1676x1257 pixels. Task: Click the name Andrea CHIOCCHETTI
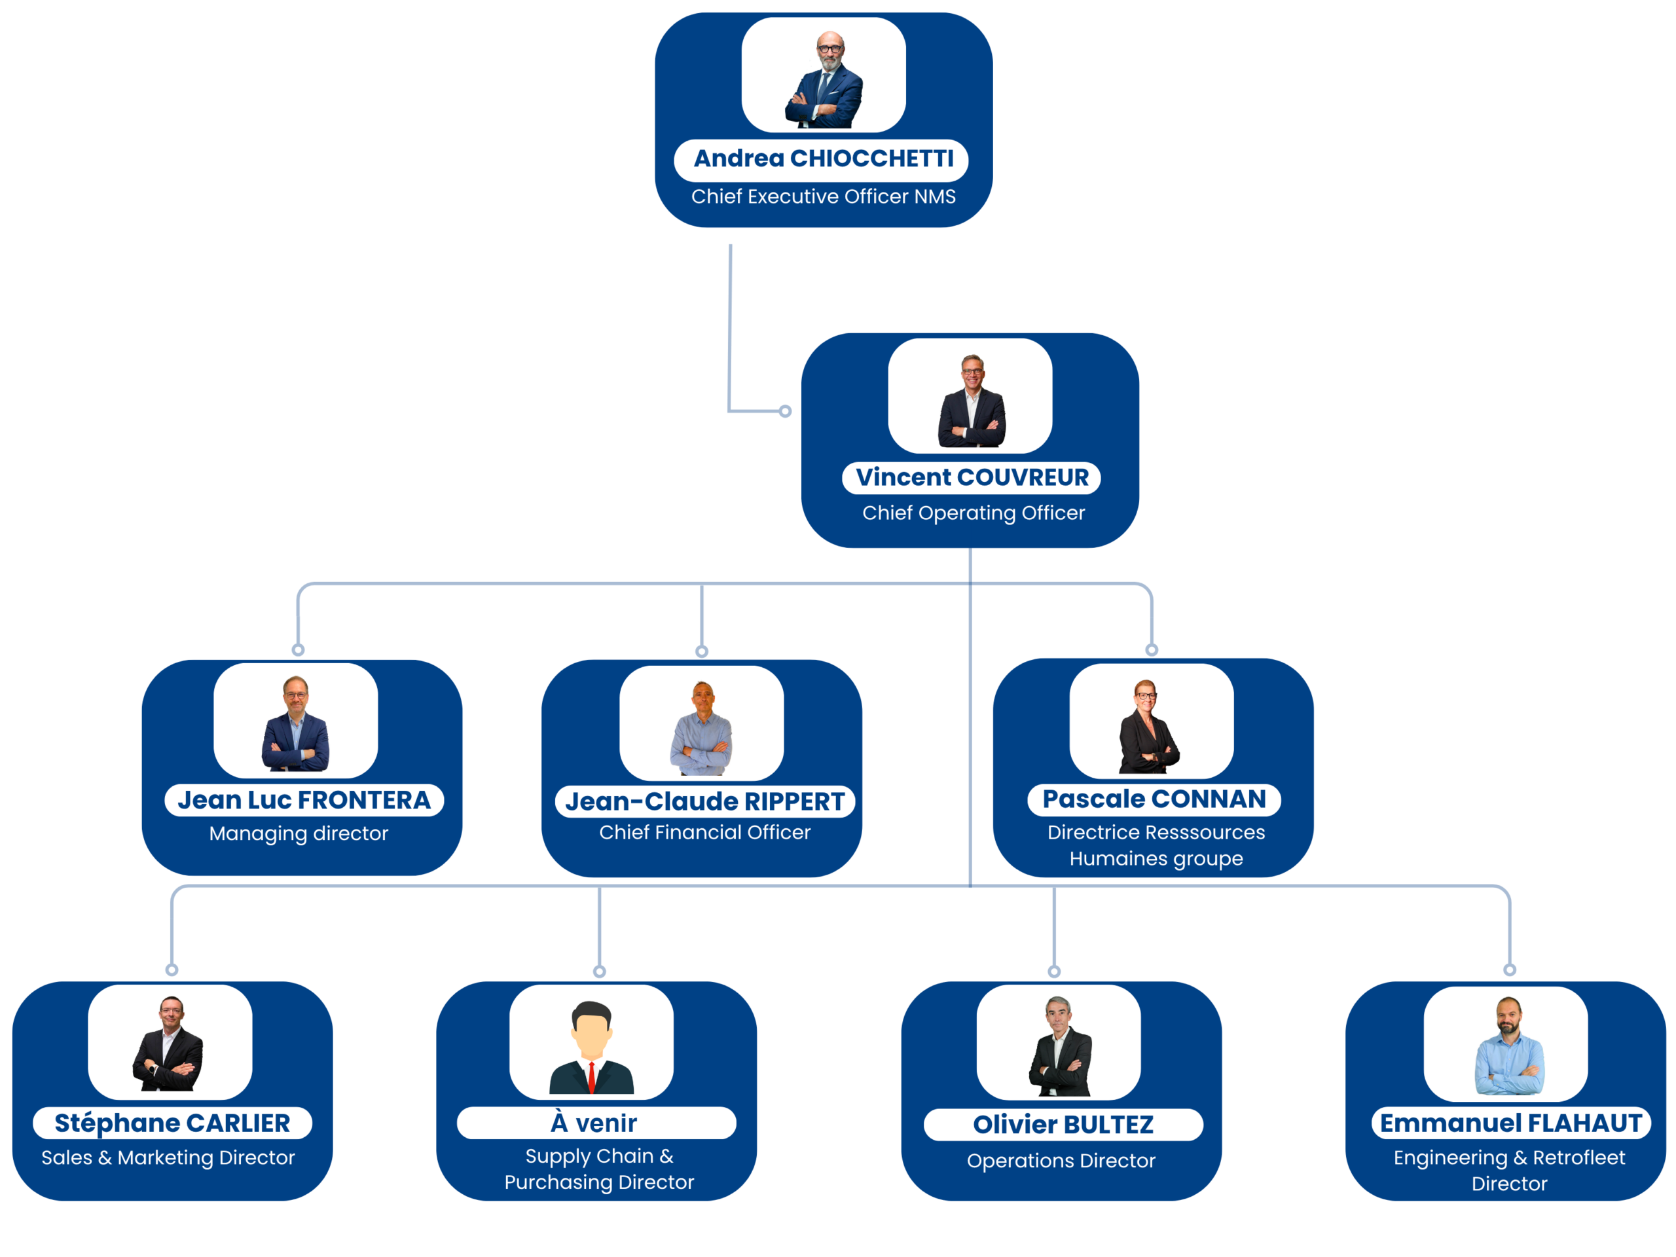point(823,158)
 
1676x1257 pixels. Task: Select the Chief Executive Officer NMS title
point(823,196)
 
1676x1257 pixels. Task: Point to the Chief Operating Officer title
point(973,513)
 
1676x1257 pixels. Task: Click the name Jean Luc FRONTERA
point(304,800)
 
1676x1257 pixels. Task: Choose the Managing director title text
point(299,833)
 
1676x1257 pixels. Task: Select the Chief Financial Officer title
point(704,833)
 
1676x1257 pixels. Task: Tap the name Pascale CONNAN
point(1154,799)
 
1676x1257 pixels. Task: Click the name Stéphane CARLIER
point(172,1123)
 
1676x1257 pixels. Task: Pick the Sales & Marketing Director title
point(168,1157)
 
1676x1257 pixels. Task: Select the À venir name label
point(594,1123)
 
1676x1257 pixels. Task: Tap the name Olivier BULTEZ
point(1063,1124)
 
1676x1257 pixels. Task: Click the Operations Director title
point(1061,1161)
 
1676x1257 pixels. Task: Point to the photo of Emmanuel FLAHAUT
point(1508,1044)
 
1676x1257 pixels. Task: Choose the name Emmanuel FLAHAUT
point(1510,1123)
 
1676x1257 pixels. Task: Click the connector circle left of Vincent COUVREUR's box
point(786,411)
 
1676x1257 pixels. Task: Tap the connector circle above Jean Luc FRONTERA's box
point(299,650)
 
